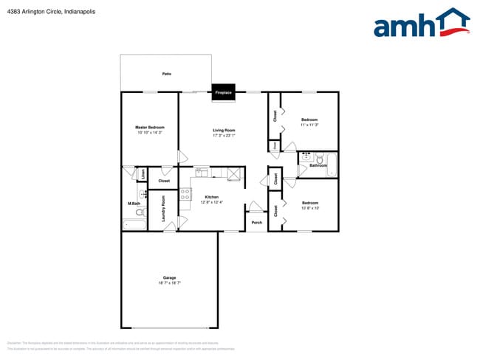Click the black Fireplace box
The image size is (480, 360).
(224, 92)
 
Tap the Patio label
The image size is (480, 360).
(167, 74)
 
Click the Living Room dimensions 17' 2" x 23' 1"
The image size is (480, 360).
(224, 135)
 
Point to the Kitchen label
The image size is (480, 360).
(212, 197)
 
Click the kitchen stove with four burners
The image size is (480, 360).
(185, 195)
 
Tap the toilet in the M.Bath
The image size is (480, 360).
(139, 212)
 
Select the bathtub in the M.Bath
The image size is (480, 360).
(134, 224)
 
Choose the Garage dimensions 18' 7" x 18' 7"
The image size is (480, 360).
(169, 283)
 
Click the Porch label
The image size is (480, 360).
(256, 222)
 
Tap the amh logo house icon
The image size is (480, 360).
(450, 21)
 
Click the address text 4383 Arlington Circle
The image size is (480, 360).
(37, 12)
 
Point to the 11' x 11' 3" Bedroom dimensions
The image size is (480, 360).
(309, 125)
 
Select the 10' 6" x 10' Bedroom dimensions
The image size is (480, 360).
(309, 208)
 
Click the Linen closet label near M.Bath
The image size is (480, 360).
(143, 174)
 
